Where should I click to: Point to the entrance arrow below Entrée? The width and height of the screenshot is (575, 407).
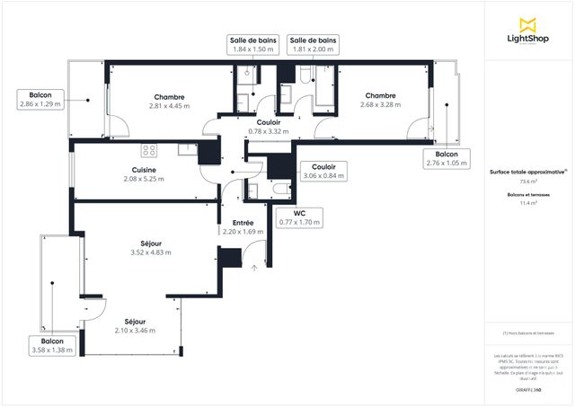click(255, 266)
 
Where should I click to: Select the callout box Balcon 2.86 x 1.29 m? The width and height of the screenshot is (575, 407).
click(40, 99)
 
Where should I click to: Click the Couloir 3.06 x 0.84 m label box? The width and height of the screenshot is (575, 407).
click(323, 171)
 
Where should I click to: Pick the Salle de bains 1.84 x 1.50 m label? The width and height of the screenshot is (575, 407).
click(252, 45)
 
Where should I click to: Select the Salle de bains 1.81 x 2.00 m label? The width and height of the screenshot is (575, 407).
click(313, 45)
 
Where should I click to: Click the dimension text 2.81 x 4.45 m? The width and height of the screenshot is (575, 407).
click(169, 106)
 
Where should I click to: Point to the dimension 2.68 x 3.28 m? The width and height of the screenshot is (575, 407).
click(380, 105)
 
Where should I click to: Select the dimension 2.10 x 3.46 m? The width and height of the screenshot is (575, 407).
click(135, 331)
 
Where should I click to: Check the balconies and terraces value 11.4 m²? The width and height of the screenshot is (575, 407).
click(526, 203)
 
